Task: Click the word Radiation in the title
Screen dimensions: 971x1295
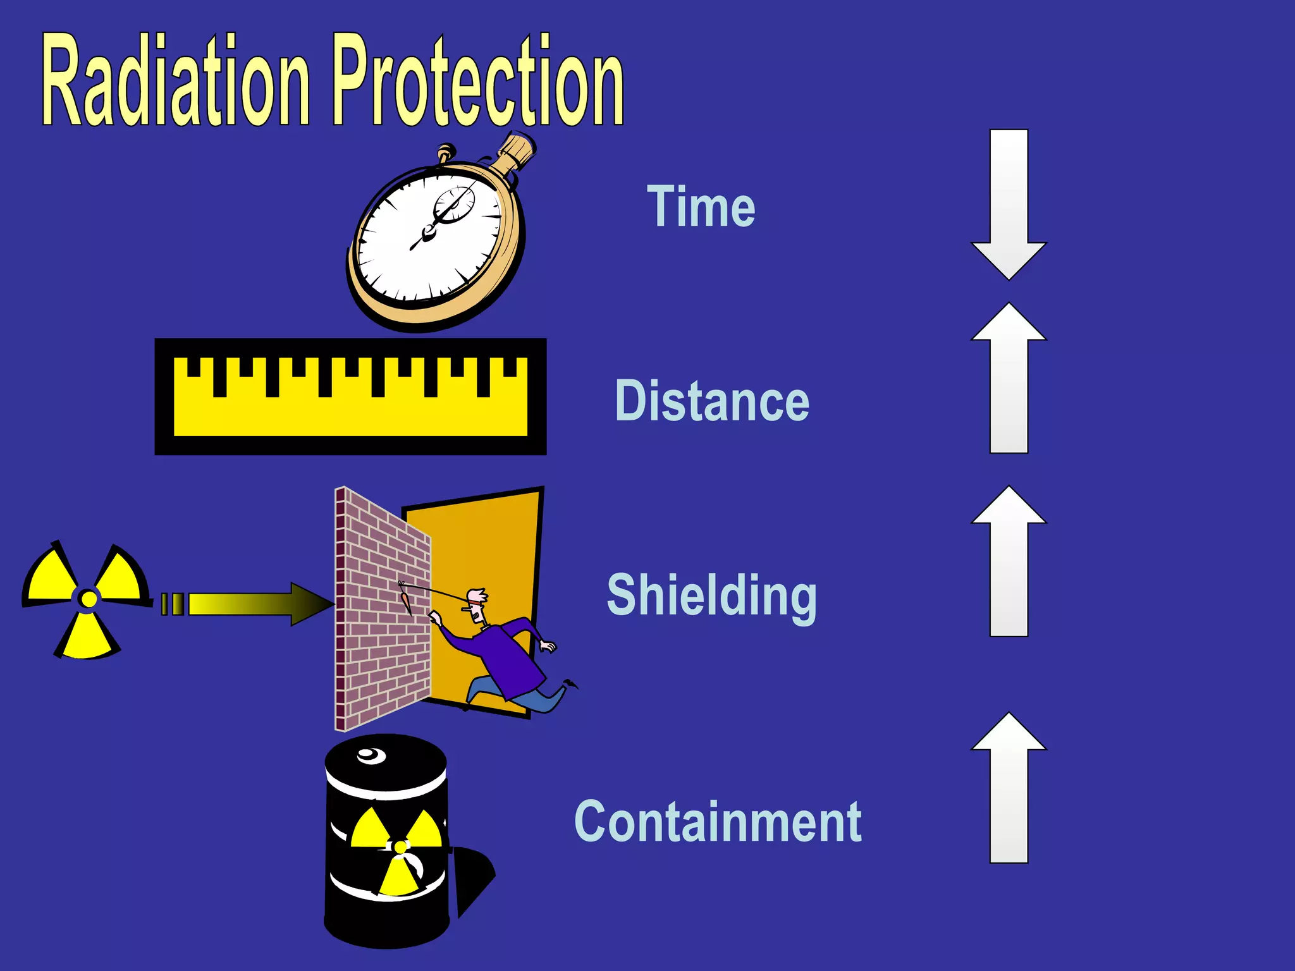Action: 176,82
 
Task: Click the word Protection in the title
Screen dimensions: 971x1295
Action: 478,82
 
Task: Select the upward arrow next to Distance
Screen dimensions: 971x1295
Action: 1009,379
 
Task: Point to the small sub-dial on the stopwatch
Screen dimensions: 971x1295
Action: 454,204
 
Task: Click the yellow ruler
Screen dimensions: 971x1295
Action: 350,397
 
